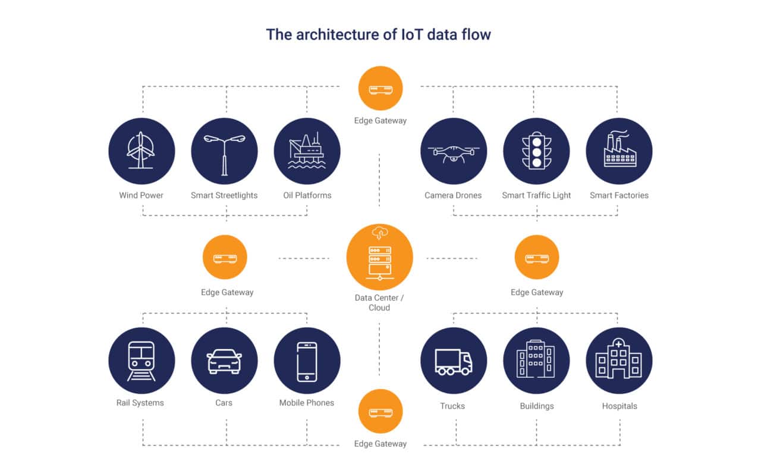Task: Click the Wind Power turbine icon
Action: pos(141,151)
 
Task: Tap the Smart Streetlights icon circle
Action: pos(224,151)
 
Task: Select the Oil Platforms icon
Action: pos(307,151)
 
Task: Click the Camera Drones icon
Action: pos(454,151)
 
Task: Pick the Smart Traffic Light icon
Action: pos(536,151)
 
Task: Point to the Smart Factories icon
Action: pos(619,151)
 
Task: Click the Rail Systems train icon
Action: pos(141,361)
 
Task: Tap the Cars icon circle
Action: pos(224,361)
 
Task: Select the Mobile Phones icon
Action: pos(307,361)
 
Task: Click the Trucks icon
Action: pos(454,361)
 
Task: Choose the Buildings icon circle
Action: pos(536,361)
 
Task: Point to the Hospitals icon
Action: pos(619,361)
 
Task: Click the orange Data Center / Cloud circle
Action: pos(379,257)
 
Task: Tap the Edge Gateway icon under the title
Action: pos(380,88)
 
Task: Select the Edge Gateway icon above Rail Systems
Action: pos(225,257)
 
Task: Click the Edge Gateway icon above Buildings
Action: pos(536,257)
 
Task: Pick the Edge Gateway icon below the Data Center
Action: pos(380,411)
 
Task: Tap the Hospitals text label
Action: pos(619,406)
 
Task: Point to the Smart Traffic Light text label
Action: pos(536,195)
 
